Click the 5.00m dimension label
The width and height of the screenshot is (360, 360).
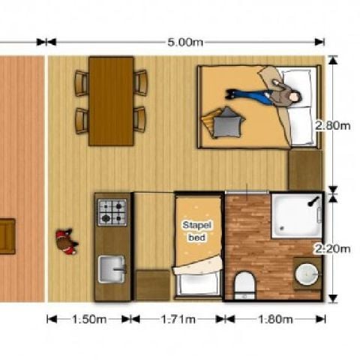[x=185, y=42]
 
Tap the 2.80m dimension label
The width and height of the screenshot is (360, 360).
[x=332, y=125]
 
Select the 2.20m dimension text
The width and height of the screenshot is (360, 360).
[x=332, y=249]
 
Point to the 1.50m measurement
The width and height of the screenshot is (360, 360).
[x=89, y=319]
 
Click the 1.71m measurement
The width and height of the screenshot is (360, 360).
[x=178, y=319]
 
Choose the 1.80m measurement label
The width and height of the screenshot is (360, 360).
[x=275, y=319]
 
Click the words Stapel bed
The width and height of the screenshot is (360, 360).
[x=197, y=231]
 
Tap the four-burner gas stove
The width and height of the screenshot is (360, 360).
[x=112, y=212]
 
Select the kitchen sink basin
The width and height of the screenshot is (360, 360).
[x=112, y=269]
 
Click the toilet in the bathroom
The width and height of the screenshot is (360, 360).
[x=244, y=286]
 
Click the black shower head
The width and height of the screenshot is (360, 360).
[x=313, y=202]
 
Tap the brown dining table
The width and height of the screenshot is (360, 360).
[x=111, y=101]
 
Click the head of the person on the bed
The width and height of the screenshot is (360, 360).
[x=295, y=97]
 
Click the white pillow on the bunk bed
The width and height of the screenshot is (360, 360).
[x=197, y=283]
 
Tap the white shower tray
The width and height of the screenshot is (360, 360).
[x=296, y=216]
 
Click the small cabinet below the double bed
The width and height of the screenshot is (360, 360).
[x=305, y=170]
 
